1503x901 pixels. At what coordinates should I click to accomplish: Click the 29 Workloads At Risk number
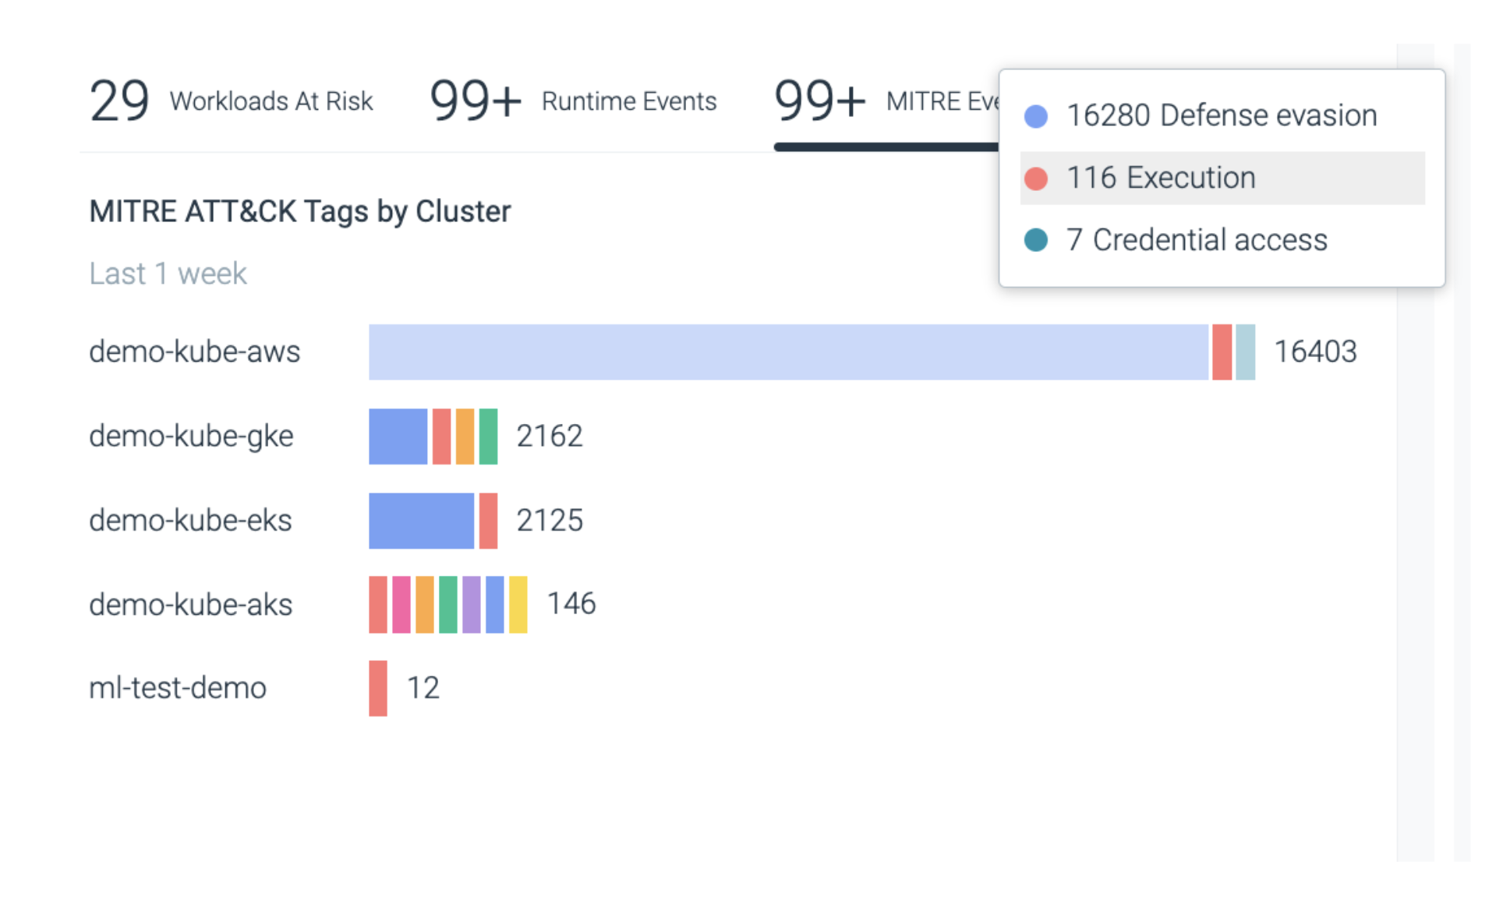click(x=119, y=101)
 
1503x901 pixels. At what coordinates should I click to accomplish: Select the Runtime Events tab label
click(x=628, y=101)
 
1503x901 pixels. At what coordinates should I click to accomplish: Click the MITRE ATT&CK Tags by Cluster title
click(x=299, y=211)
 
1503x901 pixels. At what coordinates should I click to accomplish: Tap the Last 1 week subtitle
click(x=168, y=274)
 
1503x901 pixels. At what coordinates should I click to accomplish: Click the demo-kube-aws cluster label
click(x=194, y=352)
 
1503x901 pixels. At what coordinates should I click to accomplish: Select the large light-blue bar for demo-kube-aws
click(x=787, y=352)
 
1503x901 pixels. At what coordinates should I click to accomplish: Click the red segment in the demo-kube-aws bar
click(x=1222, y=352)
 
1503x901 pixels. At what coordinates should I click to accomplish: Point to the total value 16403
click(x=1314, y=352)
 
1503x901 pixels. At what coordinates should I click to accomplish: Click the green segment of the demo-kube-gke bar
click(x=488, y=436)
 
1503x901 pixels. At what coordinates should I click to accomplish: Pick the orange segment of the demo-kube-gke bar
click(x=465, y=436)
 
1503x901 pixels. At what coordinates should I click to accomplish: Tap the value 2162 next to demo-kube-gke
click(x=549, y=436)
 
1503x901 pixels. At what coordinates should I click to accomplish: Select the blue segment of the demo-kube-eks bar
click(x=421, y=521)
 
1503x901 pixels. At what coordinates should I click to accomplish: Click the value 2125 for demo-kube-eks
click(x=549, y=520)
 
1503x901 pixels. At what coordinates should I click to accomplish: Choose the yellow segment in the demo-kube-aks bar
click(x=518, y=605)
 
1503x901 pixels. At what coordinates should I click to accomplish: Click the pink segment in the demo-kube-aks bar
click(x=401, y=605)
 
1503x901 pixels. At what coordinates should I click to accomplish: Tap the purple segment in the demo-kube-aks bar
click(x=471, y=605)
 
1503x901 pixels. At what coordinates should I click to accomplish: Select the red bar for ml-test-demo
click(x=378, y=688)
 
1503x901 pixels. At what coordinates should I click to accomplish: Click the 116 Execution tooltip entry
click(x=1161, y=178)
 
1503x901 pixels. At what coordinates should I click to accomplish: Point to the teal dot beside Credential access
click(x=1035, y=240)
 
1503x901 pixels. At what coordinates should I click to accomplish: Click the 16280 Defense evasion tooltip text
click(x=1221, y=115)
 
